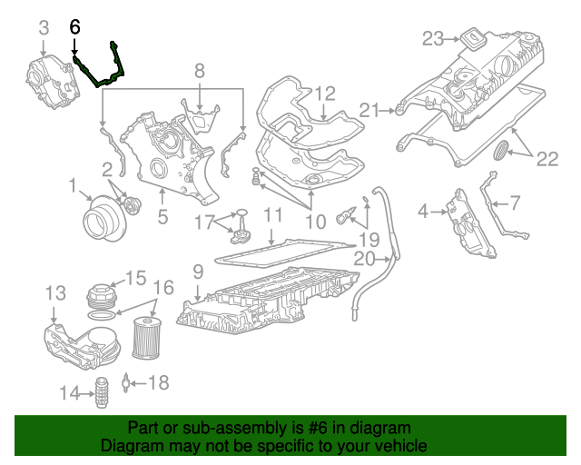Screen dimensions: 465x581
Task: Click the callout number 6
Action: [74, 28]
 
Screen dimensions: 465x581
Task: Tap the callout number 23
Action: [433, 38]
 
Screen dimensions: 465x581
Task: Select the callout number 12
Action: [325, 93]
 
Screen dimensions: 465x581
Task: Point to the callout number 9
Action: [197, 271]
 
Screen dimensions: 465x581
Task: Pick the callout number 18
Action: [158, 383]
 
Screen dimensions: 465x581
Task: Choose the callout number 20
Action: [364, 259]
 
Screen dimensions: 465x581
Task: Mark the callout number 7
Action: [515, 202]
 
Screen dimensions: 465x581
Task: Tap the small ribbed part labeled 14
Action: [103, 392]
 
